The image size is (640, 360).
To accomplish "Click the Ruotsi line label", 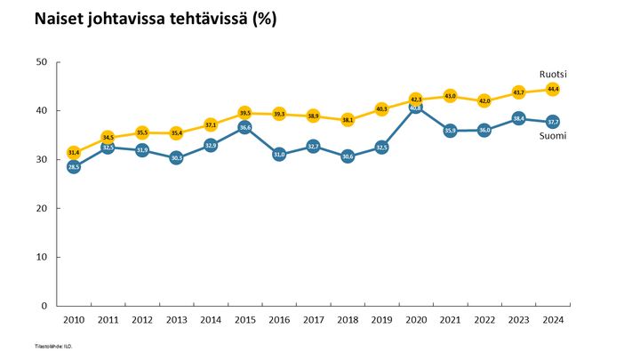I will (553, 74).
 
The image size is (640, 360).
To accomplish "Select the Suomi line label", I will (552, 136).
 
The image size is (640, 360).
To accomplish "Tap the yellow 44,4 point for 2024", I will (552, 89).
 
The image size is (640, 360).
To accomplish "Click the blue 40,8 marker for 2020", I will (415, 108).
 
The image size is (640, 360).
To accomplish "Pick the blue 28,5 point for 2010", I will (74, 166).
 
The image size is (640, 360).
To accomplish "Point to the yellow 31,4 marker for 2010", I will (74, 152).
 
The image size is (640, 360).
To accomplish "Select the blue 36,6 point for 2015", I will (244, 127).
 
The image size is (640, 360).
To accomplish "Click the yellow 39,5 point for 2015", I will (244, 113).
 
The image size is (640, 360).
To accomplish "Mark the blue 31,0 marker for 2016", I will (279, 155).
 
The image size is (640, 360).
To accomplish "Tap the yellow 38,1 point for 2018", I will (348, 120).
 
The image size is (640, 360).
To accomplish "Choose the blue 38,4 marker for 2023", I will (518, 118).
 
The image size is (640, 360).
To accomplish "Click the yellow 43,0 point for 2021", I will (450, 96).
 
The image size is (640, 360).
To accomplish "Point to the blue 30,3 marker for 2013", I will (176, 158).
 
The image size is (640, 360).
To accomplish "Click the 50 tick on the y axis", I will (42, 62).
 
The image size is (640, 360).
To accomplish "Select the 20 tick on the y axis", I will (42, 208).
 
